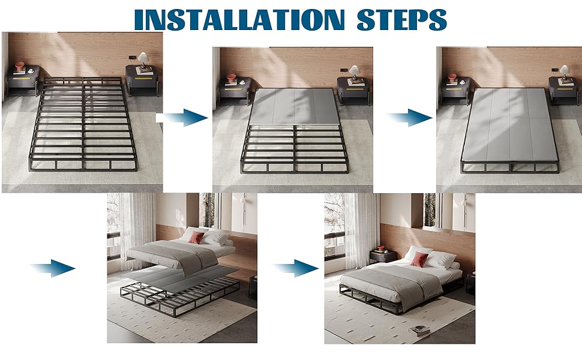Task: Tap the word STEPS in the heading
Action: (401, 19)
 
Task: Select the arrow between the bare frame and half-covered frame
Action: (182, 118)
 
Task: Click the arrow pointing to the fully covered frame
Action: (410, 118)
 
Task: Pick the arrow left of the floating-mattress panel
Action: (53, 268)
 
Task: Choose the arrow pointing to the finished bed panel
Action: (296, 268)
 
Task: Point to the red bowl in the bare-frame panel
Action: (19, 67)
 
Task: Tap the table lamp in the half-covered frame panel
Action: (354, 73)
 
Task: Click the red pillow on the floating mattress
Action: (196, 238)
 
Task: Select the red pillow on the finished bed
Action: (419, 259)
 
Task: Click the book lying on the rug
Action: (419, 331)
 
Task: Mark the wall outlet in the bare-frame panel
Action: (132, 57)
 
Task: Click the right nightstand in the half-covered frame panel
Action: (353, 91)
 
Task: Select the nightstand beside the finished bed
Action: (383, 256)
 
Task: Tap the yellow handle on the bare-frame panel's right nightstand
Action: (143, 79)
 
